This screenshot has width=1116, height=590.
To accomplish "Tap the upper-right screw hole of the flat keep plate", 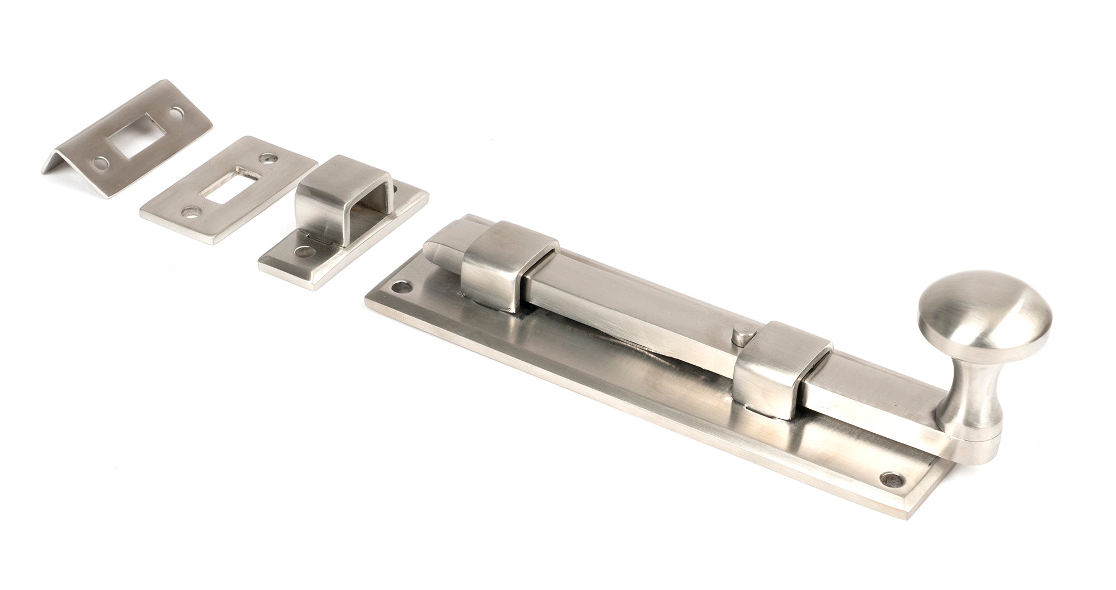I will [271, 159].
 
